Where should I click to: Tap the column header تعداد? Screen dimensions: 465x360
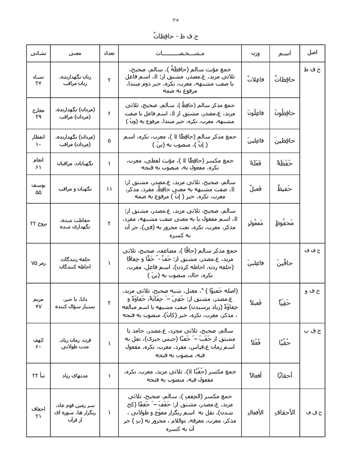pos(109,53)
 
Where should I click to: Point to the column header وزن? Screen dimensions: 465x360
pos(255,53)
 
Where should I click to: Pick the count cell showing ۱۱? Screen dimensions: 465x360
pos(109,189)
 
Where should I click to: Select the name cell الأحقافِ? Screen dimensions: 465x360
pos(284,412)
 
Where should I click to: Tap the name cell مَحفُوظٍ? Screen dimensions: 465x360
pos(284,224)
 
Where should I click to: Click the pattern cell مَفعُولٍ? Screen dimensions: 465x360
pos(255,224)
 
